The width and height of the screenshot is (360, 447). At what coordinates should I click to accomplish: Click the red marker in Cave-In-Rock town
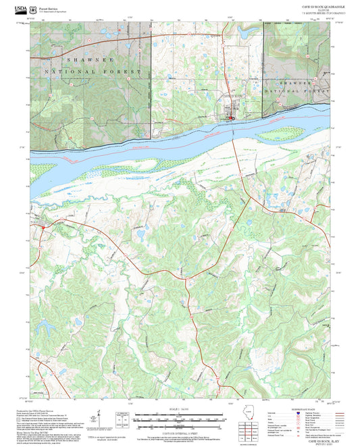tap(231, 120)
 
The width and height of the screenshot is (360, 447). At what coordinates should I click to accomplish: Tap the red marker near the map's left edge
tap(43, 228)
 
